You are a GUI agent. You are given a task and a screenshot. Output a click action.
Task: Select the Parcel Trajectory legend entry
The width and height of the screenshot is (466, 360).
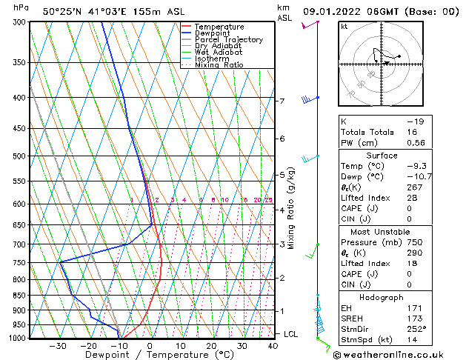[228, 40]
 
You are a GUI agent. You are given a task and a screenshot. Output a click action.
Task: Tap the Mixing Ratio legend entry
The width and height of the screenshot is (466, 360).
[219, 65]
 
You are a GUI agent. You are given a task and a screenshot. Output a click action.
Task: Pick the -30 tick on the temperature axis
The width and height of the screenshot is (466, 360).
[58, 346]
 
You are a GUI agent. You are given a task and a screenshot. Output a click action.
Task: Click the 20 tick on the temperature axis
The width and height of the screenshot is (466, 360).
[211, 346]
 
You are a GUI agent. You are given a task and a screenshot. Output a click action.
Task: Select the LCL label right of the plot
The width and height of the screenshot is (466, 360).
[292, 335]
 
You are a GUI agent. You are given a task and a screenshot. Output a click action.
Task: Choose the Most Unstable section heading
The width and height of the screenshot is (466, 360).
[383, 232]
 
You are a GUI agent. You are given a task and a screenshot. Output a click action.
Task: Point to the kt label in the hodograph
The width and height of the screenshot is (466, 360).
[344, 27]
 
